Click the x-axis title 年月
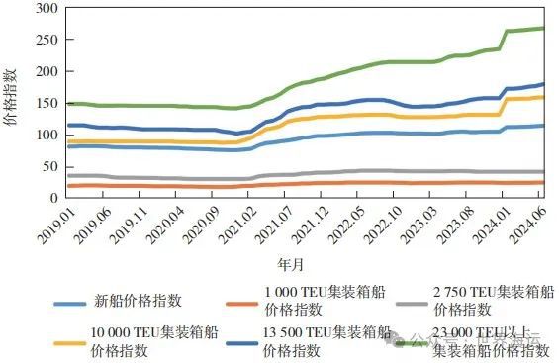click(290, 265)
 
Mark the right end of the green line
click(545, 28)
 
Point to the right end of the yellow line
click(545, 97)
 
